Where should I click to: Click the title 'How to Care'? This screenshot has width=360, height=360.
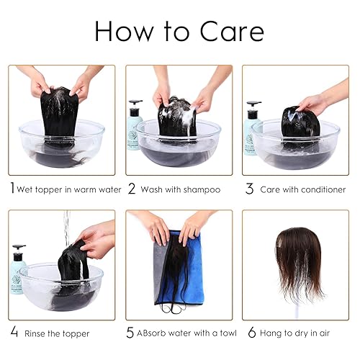coord(179,31)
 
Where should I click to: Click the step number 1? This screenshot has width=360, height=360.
coord(12,189)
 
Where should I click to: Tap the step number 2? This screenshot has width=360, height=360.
coord(132,189)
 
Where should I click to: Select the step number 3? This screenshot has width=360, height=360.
coord(250,189)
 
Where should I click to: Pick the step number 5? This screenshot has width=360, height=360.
coord(131,333)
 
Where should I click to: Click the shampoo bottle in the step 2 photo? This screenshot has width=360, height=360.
coord(135,125)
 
